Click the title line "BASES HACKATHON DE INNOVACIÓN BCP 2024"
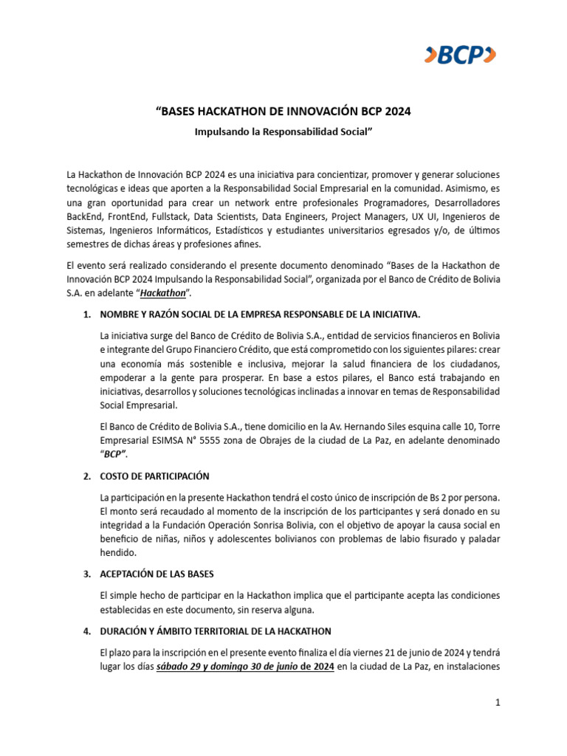pos(283,112)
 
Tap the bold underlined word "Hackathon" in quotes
pos(164,293)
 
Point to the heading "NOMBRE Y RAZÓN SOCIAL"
pos(260,315)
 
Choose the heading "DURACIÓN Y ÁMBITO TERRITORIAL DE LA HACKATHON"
pos(216,631)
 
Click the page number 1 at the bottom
pos(498,704)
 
